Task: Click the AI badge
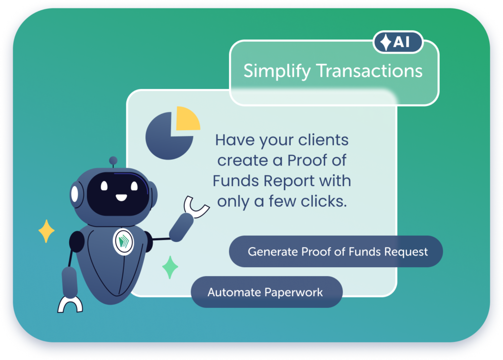pos(398,42)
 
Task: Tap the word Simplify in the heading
pos(277,71)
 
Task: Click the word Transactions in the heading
pos(369,71)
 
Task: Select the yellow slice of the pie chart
pos(187,118)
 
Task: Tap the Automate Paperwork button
pos(267,292)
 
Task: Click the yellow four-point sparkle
pos(47,231)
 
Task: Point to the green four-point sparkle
pos(170,267)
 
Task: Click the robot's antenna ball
pos(113,160)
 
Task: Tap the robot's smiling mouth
pos(121,197)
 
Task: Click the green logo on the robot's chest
pos(123,242)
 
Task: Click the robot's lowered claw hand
pos(70,305)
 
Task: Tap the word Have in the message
pos(235,140)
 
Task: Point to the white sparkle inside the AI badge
pos(386,42)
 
